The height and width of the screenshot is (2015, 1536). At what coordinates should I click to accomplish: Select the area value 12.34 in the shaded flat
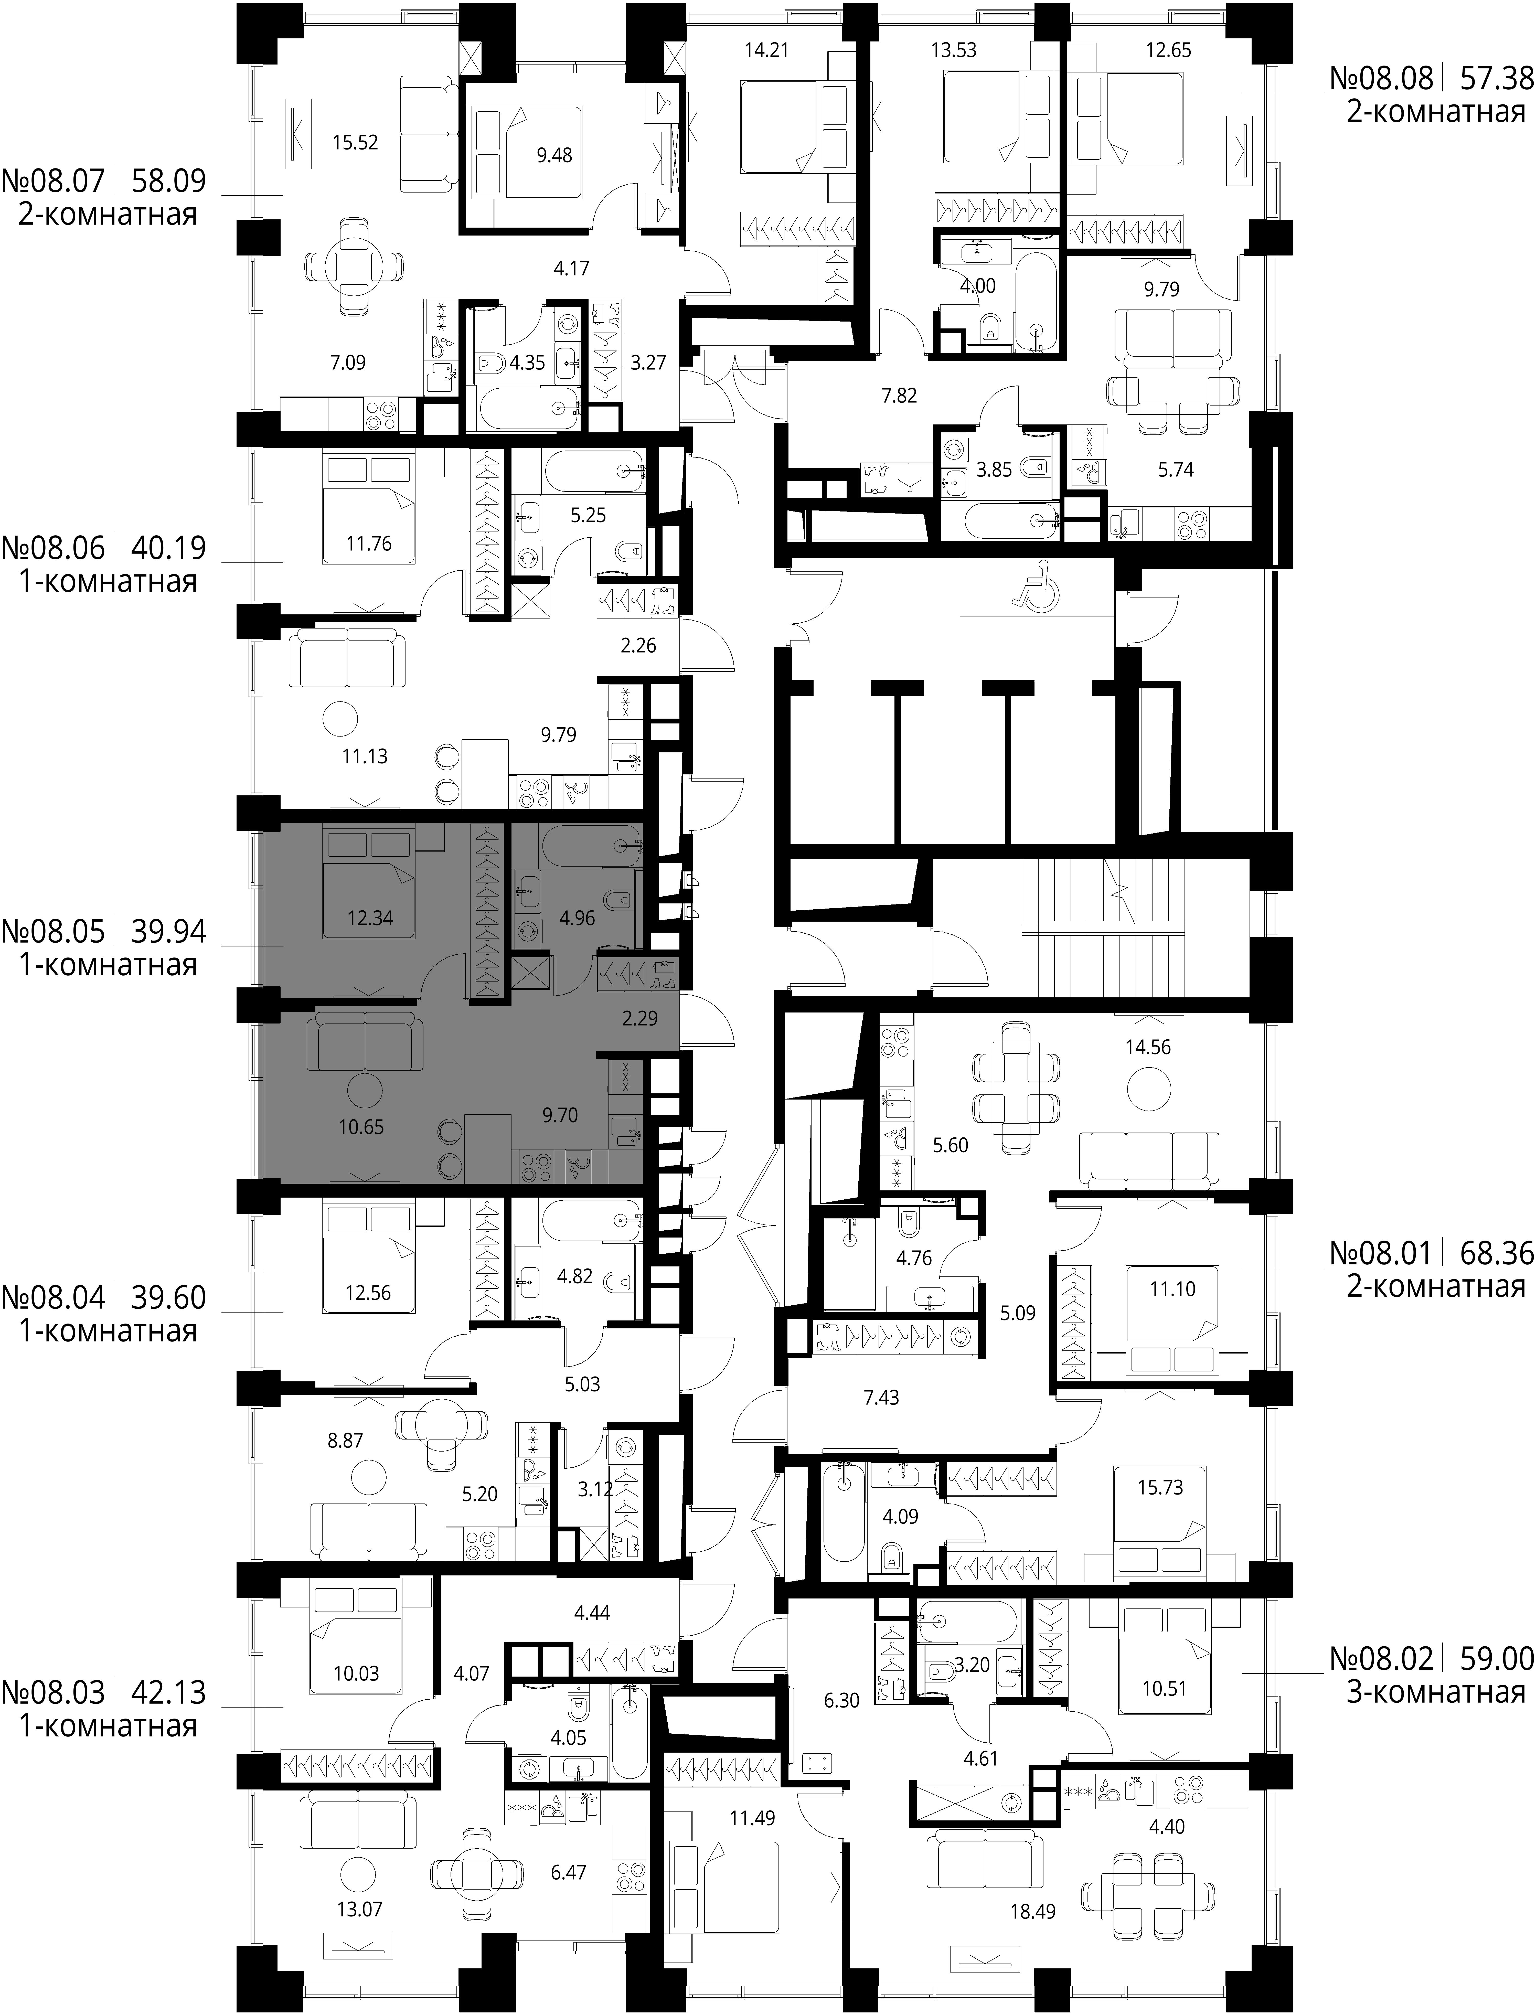pyautogui.click(x=370, y=918)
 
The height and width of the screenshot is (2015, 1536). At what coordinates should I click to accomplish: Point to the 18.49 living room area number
pyautogui.click(x=1032, y=1885)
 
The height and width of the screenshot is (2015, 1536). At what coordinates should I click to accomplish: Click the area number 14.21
pyautogui.click(x=766, y=50)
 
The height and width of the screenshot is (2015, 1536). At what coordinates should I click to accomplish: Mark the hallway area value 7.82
pyautogui.click(x=899, y=396)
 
